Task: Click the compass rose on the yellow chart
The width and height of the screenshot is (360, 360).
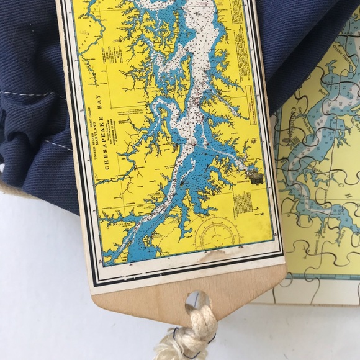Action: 218,233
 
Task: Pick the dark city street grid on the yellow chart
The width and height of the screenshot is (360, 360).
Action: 255,176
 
